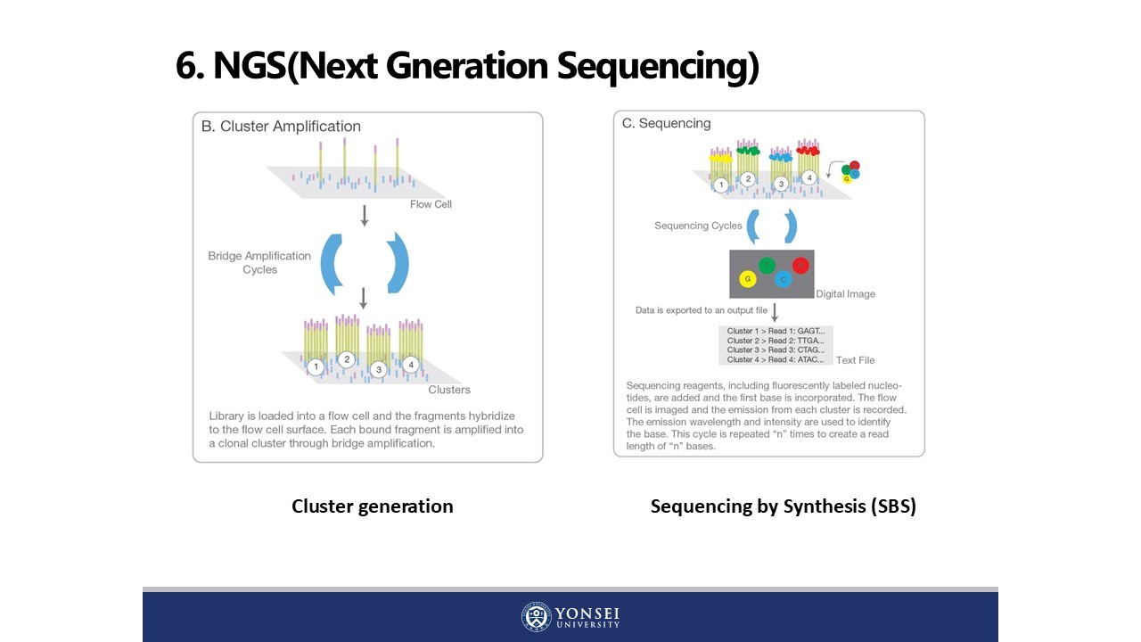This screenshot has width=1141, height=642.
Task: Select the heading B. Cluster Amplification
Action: [x=281, y=127]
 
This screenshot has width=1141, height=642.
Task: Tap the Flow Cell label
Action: [x=431, y=204]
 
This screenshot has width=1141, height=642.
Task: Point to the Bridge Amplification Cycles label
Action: [x=259, y=262]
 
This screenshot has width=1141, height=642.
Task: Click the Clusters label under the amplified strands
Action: [x=449, y=390]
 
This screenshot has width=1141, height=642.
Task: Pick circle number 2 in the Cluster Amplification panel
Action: [x=347, y=360]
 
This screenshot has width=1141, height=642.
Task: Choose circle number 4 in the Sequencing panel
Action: [x=809, y=178]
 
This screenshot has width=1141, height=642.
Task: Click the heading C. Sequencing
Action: [x=667, y=123]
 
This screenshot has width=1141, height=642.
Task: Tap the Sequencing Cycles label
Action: [x=698, y=226]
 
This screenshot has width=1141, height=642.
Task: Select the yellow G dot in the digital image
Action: [x=748, y=279]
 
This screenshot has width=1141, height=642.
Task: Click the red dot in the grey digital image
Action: [x=800, y=265]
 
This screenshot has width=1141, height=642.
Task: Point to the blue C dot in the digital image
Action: [x=784, y=279]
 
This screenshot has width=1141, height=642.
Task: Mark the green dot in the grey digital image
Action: [x=767, y=265]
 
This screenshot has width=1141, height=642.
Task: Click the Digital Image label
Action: [x=845, y=294]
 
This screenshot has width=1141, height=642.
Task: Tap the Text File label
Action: [x=855, y=360]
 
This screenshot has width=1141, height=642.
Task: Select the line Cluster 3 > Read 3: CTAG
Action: [x=776, y=350]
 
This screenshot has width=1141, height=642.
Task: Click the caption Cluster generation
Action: [x=373, y=506]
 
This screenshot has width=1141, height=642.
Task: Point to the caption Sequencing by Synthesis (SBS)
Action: [x=784, y=506]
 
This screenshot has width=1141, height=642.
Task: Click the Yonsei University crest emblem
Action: [x=536, y=617]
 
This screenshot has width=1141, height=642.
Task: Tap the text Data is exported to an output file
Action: [x=701, y=310]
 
